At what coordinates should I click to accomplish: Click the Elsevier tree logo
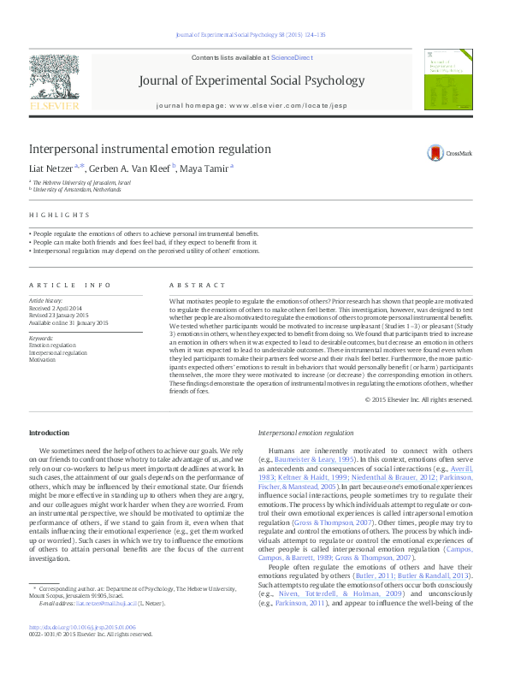[x=54, y=78]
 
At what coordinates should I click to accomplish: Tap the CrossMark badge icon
[x=439, y=153]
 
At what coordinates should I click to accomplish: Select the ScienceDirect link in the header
[x=292, y=57]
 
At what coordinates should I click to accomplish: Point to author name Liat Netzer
[x=52, y=168]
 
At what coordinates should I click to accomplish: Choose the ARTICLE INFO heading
[x=70, y=284]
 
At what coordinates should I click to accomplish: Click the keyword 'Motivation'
[x=42, y=360]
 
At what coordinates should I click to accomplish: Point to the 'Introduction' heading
[x=50, y=434]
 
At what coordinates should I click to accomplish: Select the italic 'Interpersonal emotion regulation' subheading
[x=305, y=434]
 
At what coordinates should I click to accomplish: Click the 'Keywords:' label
[x=40, y=339]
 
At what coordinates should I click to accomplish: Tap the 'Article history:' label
[x=46, y=302]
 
